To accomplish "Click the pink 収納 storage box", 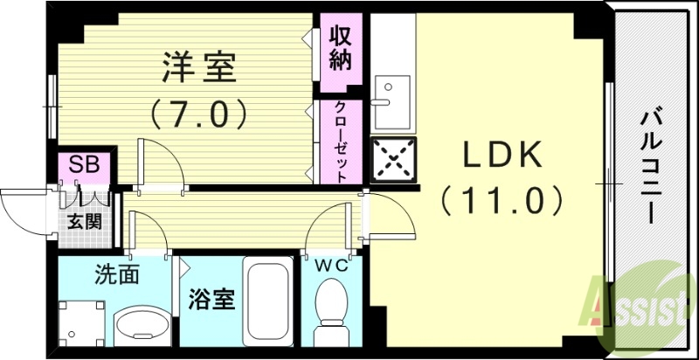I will click(x=340, y=52).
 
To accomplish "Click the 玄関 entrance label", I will click(x=85, y=220).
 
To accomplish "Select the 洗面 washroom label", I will click(x=118, y=275).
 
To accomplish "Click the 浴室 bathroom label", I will click(x=211, y=301).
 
